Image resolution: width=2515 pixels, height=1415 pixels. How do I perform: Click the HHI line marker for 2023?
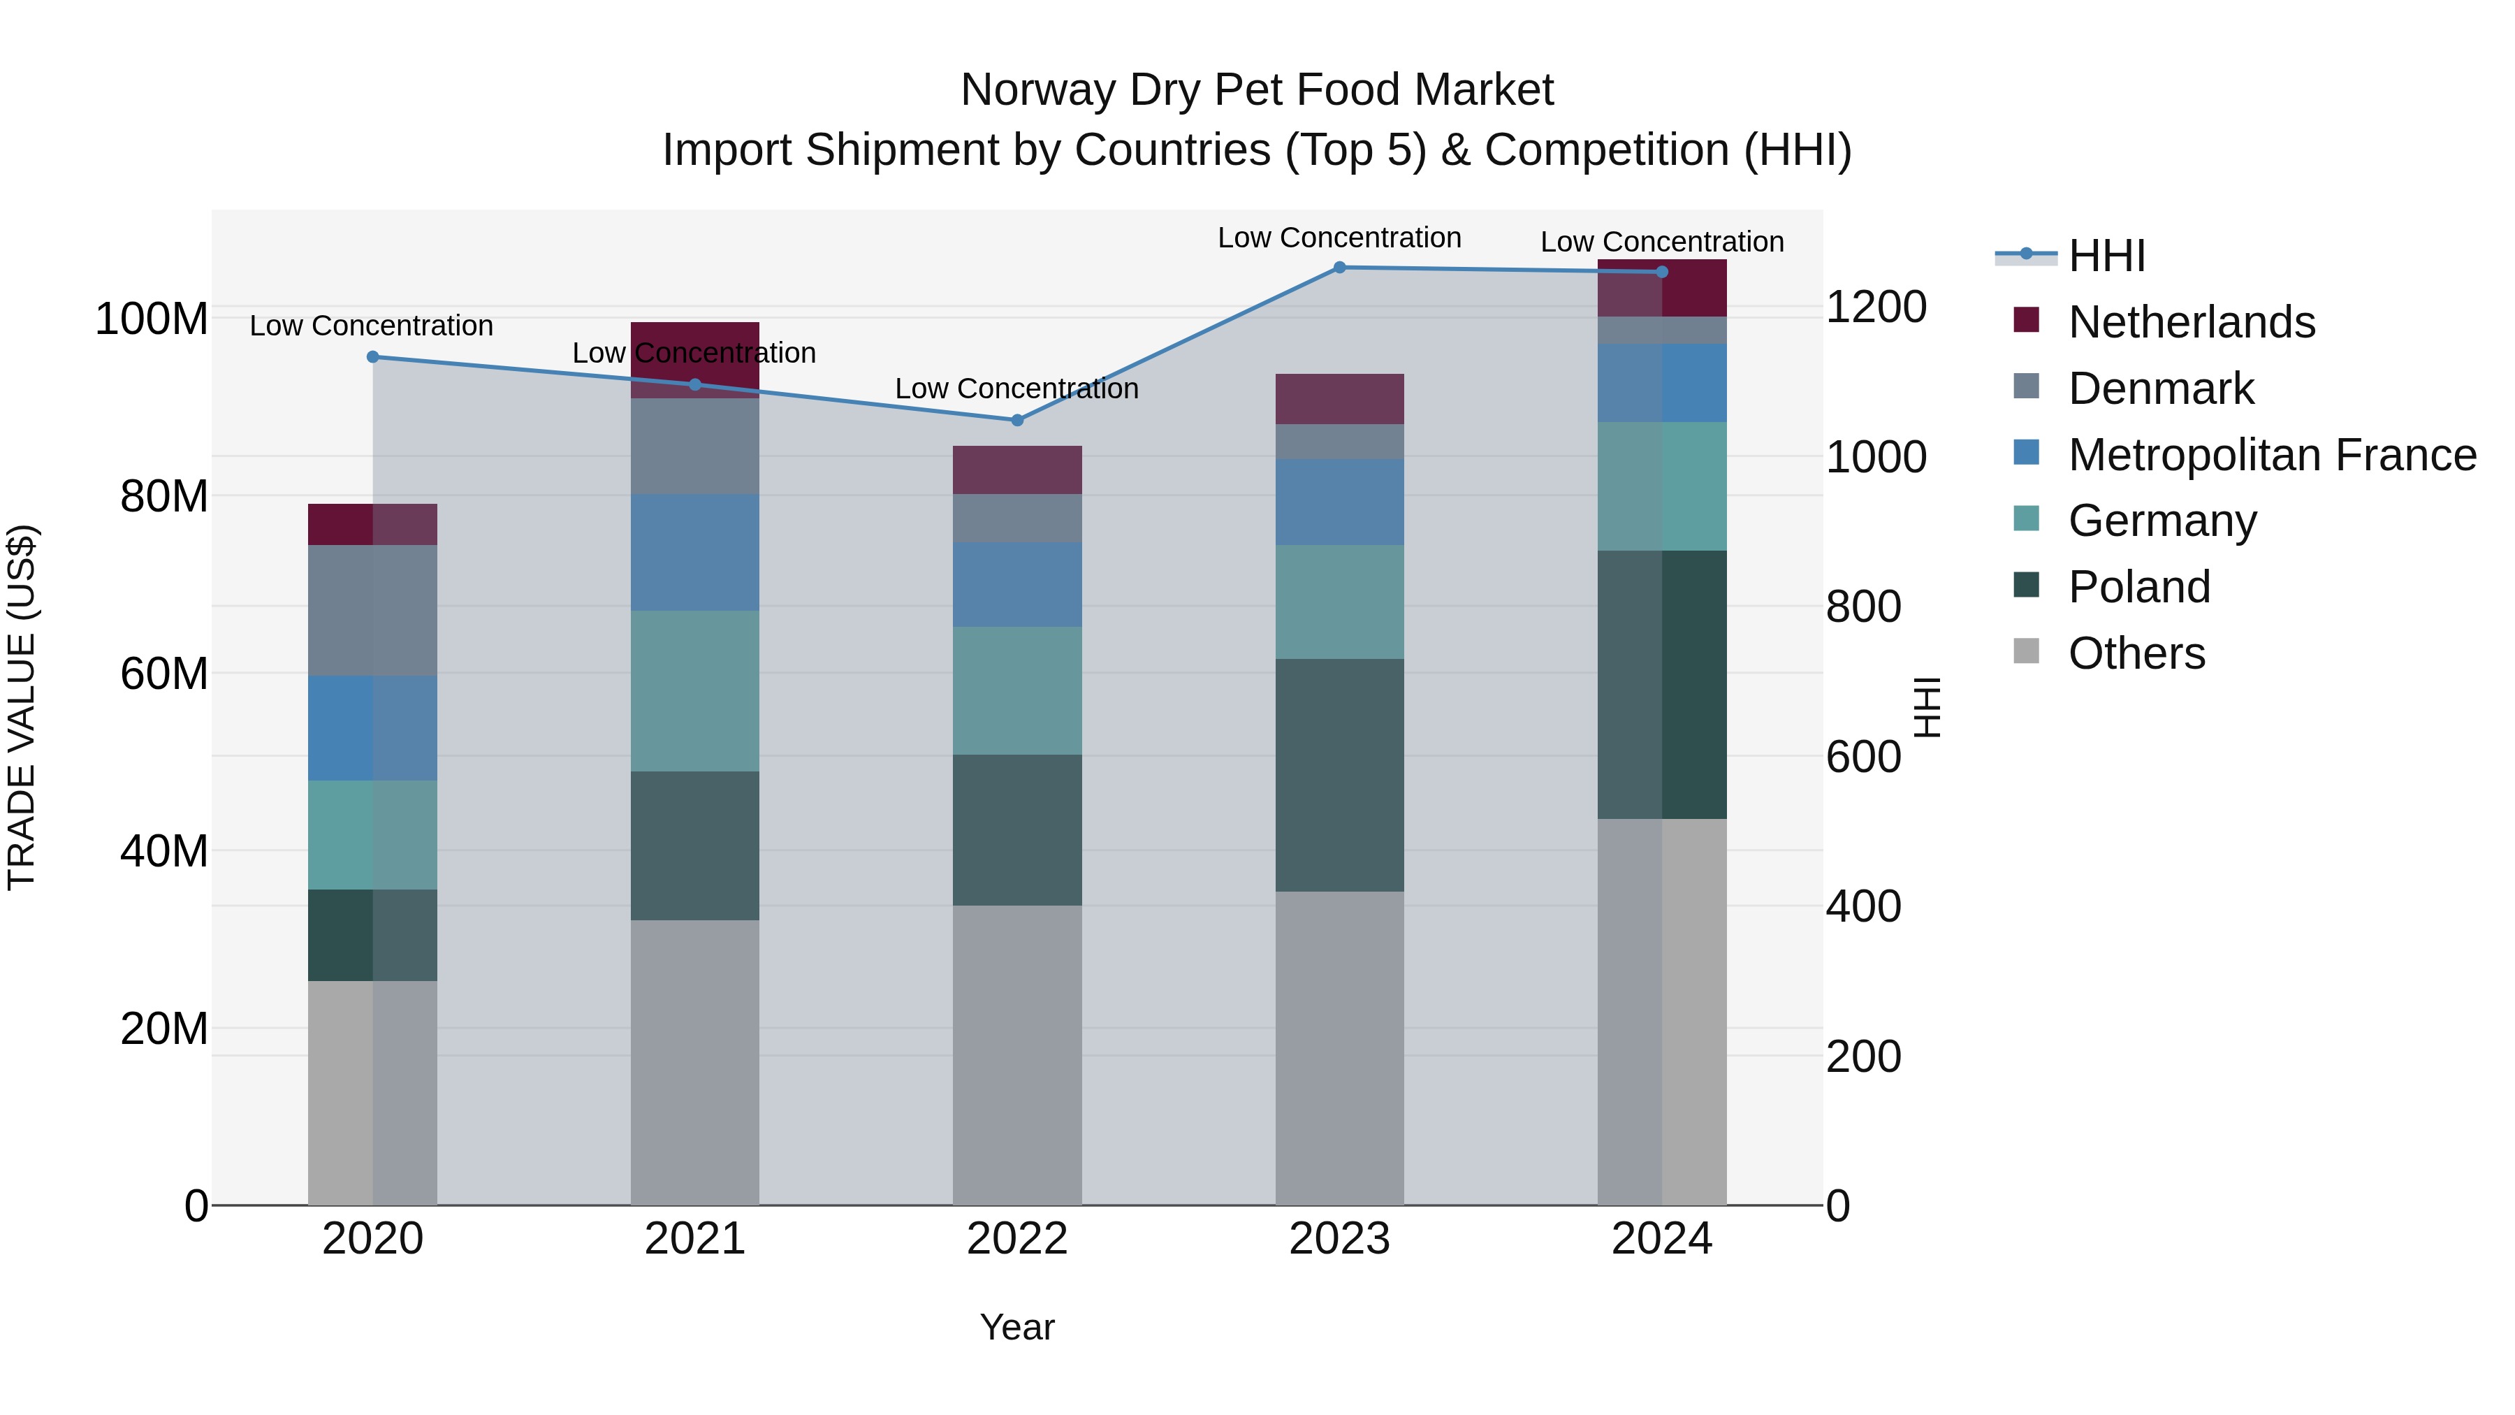(1339, 268)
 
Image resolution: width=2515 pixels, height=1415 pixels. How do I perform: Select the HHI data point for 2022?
(1017, 420)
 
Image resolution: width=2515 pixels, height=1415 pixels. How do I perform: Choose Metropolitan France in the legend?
(2271, 455)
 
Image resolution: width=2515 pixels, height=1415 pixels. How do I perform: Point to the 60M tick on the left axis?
(164, 674)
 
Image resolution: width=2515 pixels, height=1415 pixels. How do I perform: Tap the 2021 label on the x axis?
(694, 1239)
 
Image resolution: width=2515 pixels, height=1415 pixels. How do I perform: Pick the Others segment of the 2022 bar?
(1017, 1054)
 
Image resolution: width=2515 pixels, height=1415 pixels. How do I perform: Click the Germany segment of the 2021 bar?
(694, 691)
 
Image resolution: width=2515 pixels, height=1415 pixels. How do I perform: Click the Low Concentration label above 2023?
(1339, 238)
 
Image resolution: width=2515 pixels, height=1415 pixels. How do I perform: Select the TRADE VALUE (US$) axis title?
(22, 707)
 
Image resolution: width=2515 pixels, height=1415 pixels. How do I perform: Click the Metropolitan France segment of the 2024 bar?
(1662, 383)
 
